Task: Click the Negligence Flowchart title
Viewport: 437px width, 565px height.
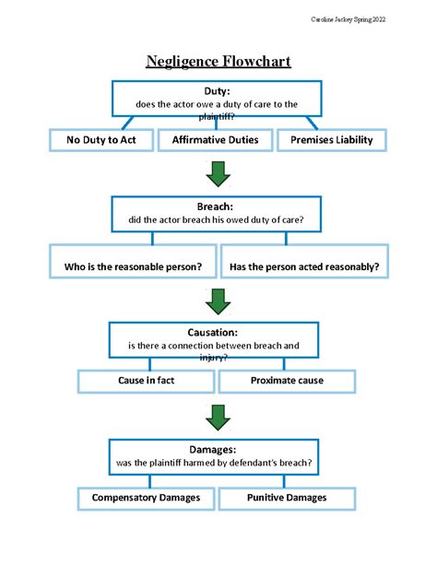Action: click(x=218, y=63)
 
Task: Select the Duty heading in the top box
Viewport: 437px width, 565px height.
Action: click(x=217, y=91)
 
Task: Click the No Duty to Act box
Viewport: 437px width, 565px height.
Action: click(x=101, y=140)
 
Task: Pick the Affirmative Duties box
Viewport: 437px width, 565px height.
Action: click(x=217, y=140)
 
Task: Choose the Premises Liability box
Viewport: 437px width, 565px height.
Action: click(x=333, y=140)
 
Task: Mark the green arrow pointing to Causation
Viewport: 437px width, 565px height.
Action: click(x=218, y=300)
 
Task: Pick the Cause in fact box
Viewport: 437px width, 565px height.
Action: click(x=146, y=380)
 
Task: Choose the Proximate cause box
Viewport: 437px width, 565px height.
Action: click(x=287, y=380)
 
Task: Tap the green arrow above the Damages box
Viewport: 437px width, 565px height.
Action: click(x=218, y=417)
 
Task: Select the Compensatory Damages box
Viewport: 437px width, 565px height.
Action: click(x=146, y=498)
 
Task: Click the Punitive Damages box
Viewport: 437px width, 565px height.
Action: click(x=287, y=498)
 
